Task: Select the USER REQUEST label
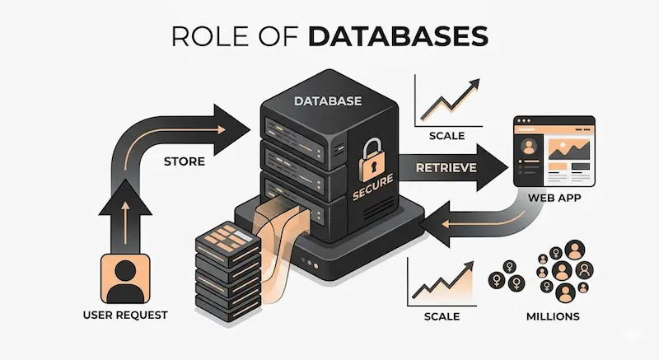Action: pyautogui.click(x=125, y=315)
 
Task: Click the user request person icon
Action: pyautogui.click(x=125, y=277)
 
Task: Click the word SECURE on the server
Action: pyautogui.click(x=376, y=195)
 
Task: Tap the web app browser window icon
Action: pyautogui.click(x=554, y=152)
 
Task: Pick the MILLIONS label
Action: pyautogui.click(x=553, y=316)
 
